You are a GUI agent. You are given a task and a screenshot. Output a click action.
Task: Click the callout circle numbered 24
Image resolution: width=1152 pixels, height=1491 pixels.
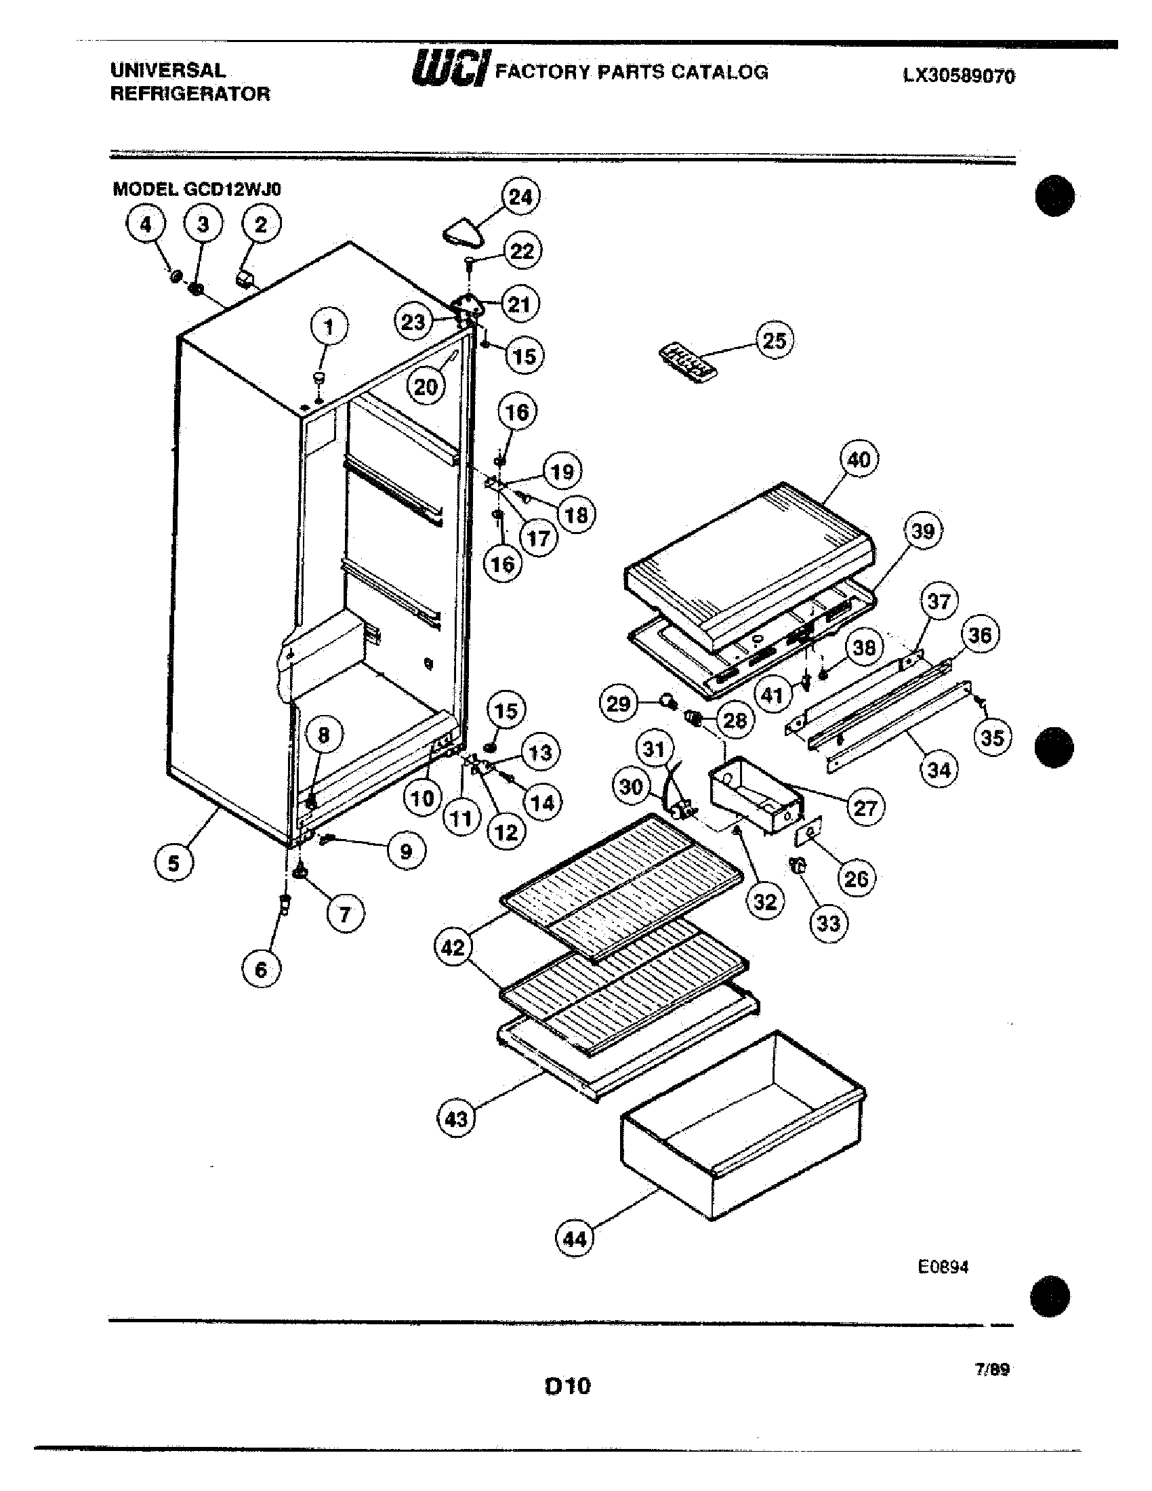click(x=520, y=197)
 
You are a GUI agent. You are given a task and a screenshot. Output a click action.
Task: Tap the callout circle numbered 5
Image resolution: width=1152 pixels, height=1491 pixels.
click(x=173, y=863)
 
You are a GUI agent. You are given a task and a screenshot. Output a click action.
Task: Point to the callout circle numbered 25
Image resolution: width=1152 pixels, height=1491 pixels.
click(x=774, y=340)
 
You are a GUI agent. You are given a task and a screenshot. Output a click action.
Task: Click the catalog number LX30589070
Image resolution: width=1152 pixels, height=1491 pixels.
click(x=959, y=76)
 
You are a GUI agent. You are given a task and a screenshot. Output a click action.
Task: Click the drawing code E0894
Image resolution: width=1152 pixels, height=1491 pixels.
click(x=943, y=1267)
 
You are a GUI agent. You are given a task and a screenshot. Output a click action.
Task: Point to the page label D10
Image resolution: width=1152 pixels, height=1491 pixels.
click(x=567, y=1387)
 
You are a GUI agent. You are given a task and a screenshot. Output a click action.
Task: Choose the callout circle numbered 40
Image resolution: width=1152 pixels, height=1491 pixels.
click(x=859, y=459)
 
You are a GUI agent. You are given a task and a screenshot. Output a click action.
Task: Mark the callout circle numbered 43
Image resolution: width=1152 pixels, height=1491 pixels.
click(x=455, y=1118)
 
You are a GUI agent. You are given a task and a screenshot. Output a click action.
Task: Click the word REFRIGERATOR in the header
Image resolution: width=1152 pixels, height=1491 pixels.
click(x=190, y=94)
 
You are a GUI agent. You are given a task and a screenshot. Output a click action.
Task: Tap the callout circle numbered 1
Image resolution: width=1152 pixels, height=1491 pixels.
click(x=329, y=328)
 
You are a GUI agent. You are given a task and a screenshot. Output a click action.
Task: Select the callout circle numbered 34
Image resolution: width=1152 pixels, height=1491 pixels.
click(x=939, y=770)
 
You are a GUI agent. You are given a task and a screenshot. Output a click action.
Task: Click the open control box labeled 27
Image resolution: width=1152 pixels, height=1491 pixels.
click(x=754, y=796)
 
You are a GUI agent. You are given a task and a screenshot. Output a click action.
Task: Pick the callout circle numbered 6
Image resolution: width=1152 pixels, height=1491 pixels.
click(x=261, y=968)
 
